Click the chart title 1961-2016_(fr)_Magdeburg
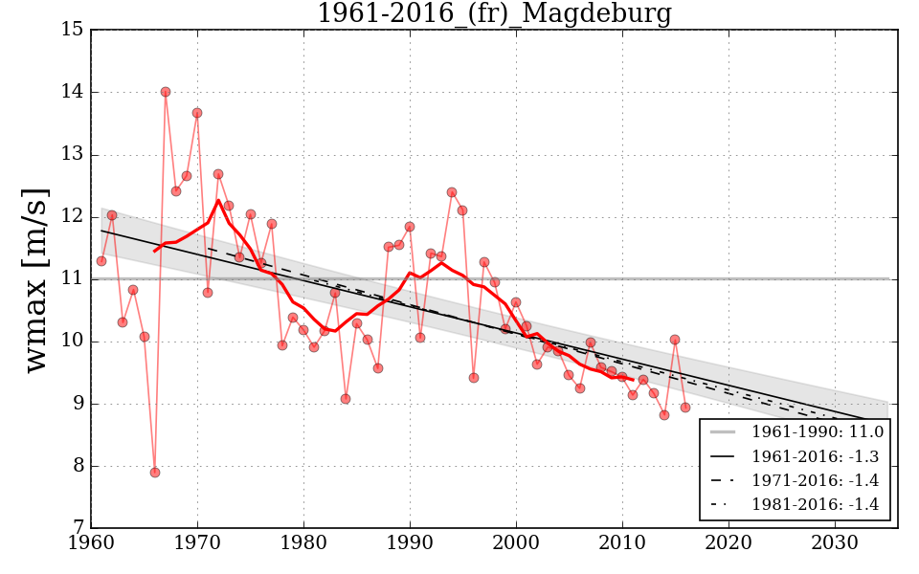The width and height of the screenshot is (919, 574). (x=494, y=13)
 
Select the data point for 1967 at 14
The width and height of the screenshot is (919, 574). (x=166, y=92)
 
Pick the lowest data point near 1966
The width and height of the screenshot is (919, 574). (x=155, y=473)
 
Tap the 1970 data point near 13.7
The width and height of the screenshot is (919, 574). (x=197, y=113)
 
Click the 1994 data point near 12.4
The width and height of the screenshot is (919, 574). (x=452, y=192)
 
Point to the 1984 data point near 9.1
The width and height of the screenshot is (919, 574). (x=346, y=399)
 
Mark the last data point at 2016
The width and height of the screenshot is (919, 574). (x=685, y=408)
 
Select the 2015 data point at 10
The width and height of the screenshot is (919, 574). (x=675, y=340)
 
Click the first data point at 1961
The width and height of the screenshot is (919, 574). (x=101, y=261)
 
